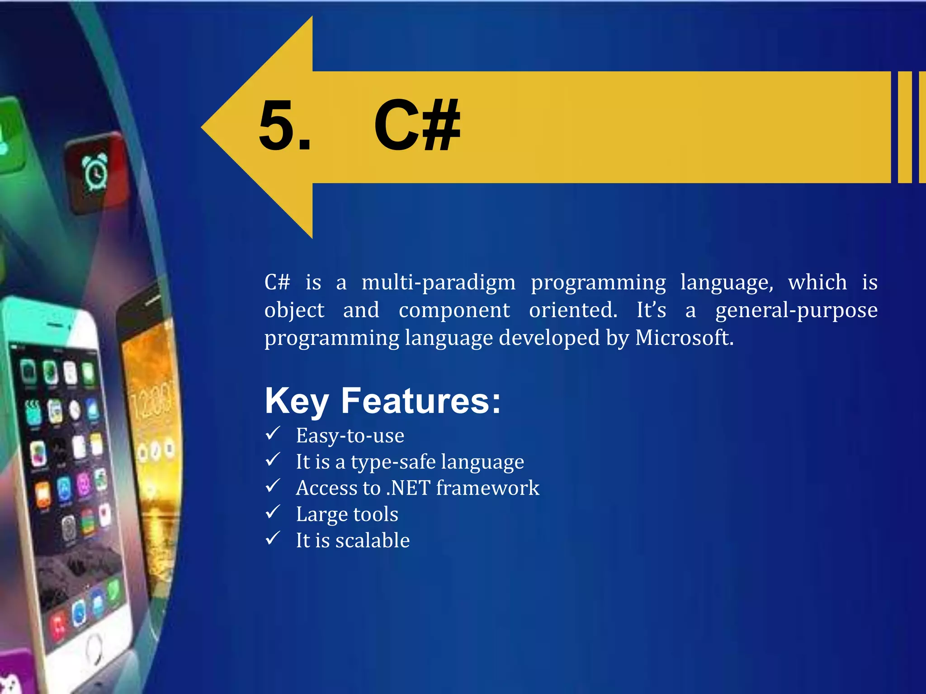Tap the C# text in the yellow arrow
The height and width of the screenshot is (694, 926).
[416, 125]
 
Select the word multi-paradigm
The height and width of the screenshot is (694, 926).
[438, 283]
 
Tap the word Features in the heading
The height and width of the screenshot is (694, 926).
[420, 400]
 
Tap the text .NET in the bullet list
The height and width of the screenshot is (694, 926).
[408, 488]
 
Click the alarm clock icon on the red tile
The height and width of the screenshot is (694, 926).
[95, 172]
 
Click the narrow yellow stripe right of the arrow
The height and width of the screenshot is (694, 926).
[904, 127]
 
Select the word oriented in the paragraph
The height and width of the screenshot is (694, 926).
[573, 310]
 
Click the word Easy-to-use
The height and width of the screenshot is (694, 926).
[350, 436]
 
